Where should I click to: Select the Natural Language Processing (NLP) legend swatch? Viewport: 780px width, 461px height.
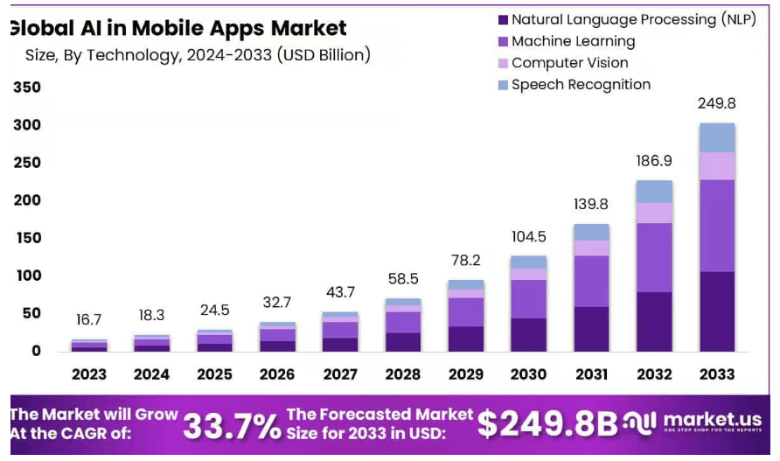pos(502,19)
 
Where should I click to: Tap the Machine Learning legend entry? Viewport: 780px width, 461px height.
pos(573,41)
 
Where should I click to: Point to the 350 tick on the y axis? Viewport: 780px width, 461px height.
pos(27,87)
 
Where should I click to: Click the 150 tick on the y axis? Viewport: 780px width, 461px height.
pos(27,238)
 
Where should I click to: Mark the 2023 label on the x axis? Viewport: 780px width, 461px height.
pos(89,374)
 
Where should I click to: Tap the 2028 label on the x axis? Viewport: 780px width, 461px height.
pos(403,374)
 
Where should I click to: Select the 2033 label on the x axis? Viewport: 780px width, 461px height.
pos(717,374)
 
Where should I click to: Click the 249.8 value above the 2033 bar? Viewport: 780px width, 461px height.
pos(716,104)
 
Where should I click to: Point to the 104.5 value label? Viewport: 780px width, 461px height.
pos(528,237)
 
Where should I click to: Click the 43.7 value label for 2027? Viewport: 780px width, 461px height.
pos(340,292)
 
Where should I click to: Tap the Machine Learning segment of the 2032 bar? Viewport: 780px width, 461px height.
pos(654,257)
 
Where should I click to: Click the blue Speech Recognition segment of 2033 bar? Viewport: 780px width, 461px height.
pos(717,137)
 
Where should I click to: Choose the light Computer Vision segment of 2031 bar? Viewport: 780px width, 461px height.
pos(591,248)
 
